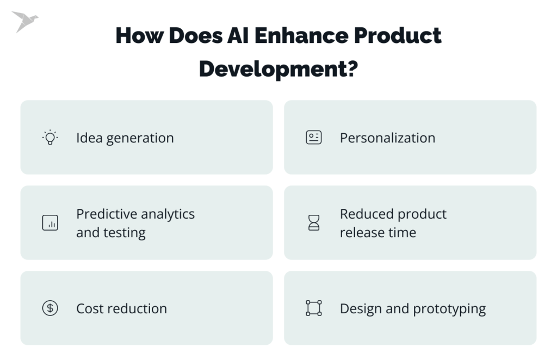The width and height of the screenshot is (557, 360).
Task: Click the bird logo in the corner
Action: tap(23, 21)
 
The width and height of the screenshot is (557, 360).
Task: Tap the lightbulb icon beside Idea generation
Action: tap(50, 138)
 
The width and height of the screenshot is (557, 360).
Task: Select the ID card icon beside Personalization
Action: tap(314, 138)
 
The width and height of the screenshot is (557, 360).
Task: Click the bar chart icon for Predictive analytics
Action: tap(50, 223)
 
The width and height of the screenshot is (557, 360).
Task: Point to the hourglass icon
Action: tap(314, 222)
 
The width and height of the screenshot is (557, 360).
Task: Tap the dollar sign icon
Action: tap(50, 308)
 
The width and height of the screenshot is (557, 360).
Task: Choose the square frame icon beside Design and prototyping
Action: tap(314, 308)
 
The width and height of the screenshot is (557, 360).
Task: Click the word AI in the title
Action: tap(238, 35)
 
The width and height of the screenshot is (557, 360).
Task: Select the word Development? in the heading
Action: tap(278, 69)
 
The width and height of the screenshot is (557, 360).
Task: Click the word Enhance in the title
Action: tap(301, 35)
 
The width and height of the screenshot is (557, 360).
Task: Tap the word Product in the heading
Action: tap(398, 35)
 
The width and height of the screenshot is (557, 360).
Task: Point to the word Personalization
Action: tap(387, 138)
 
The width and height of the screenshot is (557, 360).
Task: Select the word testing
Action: tap(125, 233)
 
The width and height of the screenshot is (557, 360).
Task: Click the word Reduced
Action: tap(367, 214)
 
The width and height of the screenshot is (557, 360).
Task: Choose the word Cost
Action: tap(90, 308)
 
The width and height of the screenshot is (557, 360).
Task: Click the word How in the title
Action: tap(139, 35)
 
